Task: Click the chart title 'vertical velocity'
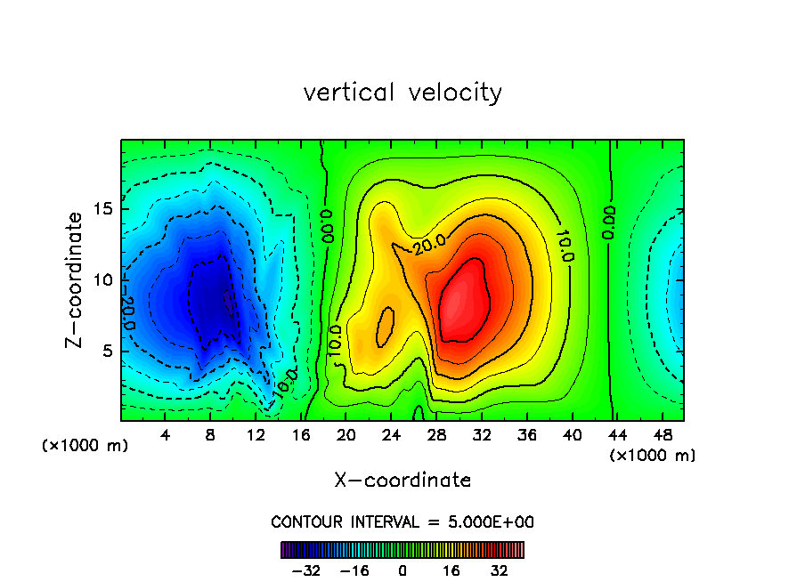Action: (402, 93)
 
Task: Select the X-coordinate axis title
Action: (402, 481)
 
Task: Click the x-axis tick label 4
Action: (166, 435)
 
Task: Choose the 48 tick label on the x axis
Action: (663, 435)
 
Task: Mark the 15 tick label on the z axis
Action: (102, 209)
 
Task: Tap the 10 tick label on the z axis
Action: (102, 279)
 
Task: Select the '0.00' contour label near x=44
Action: (607, 223)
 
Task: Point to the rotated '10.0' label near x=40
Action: (565, 245)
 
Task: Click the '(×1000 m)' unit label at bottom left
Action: (85, 446)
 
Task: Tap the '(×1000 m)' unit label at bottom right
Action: (653, 456)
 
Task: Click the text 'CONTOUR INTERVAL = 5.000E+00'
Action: (402, 521)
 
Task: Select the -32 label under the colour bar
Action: (305, 570)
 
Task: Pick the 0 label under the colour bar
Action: (402, 570)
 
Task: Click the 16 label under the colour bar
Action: (451, 570)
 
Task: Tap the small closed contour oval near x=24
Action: (386, 327)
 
